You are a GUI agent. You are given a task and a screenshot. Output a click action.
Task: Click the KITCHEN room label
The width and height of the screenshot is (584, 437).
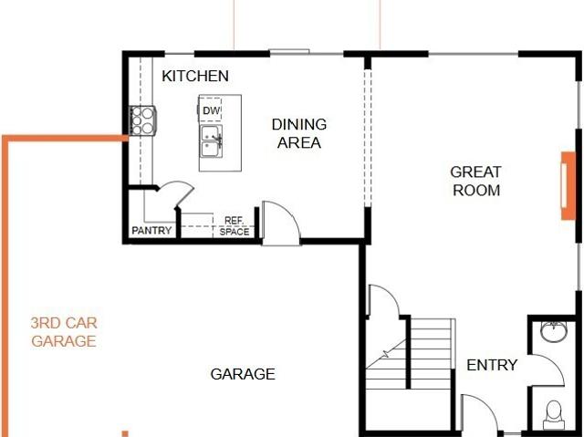click(x=195, y=76)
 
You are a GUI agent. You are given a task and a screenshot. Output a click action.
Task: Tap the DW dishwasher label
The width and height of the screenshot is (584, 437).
click(x=211, y=110)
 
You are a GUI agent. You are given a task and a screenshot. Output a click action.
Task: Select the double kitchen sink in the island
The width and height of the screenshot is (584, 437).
click(x=212, y=141)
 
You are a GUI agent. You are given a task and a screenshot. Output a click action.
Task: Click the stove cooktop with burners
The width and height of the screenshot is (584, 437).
click(x=142, y=120)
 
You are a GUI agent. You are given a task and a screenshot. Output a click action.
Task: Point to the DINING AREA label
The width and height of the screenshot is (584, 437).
click(x=299, y=133)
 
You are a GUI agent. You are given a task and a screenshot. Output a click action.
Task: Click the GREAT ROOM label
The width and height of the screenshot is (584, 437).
click(x=476, y=181)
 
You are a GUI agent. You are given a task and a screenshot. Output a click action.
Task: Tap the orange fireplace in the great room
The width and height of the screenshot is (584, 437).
click(x=568, y=185)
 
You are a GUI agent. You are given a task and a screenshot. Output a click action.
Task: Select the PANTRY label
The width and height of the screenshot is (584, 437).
click(x=151, y=231)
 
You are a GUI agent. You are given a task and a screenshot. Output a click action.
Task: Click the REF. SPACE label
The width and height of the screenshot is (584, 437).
click(x=235, y=226)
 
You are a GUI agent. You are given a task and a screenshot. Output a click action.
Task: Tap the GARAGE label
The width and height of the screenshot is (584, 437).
click(x=243, y=374)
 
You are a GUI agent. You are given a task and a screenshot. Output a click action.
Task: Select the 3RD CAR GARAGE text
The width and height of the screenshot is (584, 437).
click(x=64, y=332)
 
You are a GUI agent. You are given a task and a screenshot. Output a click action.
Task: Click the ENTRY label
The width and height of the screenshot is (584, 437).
click(x=492, y=365)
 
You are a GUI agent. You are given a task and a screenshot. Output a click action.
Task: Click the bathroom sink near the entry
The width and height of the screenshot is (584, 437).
click(x=554, y=331)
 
